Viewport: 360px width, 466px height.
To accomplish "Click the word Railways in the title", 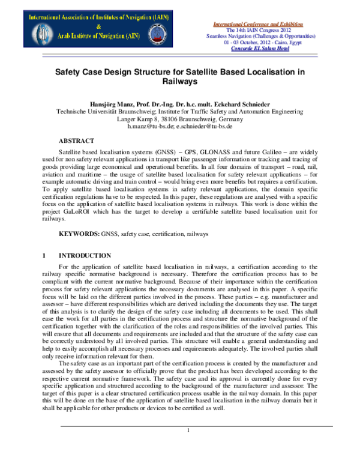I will (x=180, y=80).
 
